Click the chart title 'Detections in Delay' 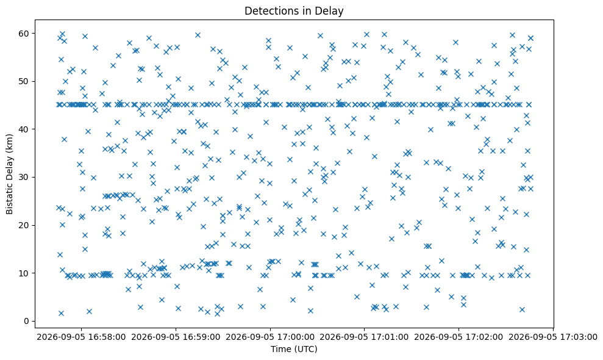click(x=294, y=11)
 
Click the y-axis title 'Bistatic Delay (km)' click(x=10, y=174)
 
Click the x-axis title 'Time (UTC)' click(x=294, y=349)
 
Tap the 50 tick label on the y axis click(x=24, y=81)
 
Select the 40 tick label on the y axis click(x=24, y=129)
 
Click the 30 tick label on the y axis click(x=24, y=177)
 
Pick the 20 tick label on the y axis click(x=24, y=225)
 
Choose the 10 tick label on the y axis click(x=24, y=273)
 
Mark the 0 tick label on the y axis click(x=27, y=321)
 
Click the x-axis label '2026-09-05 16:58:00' click(x=81, y=337)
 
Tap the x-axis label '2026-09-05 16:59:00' click(x=176, y=337)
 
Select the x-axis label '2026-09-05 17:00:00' click(x=270, y=337)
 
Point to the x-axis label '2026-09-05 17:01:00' click(x=364, y=337)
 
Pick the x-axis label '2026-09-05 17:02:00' click(x=458, y=337)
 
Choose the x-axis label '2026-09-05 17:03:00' click(x=553, y=337)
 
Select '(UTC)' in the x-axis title click(x=305, y=349)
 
